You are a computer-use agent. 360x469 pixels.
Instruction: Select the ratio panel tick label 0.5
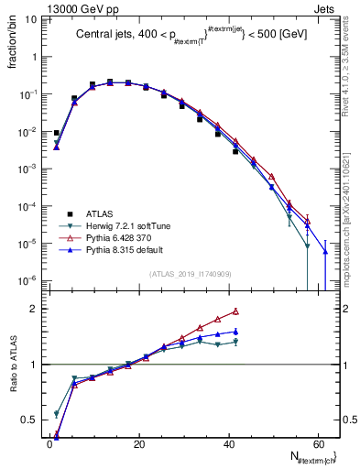click(29, 420)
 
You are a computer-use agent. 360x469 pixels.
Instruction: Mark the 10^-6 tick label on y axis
click(27, 280)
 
